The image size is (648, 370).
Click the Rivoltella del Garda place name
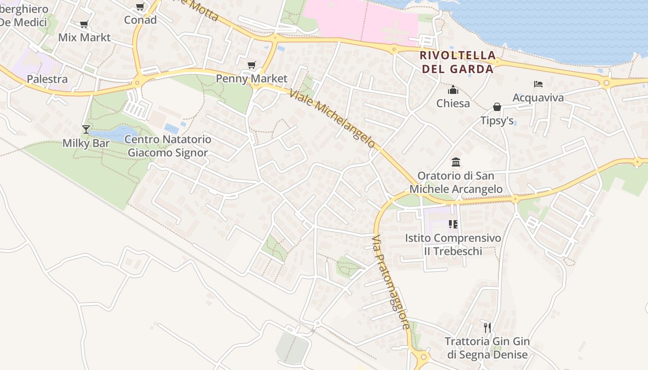(x=456, y=62)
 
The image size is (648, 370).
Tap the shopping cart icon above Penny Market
(x=251, y=65)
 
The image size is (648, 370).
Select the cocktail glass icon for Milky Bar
(x=86, y=129)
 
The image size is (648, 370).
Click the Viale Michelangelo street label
(x=332, y=118)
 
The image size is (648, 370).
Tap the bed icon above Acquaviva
(x=538, y=84)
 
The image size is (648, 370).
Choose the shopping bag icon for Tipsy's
(x=497, y=107)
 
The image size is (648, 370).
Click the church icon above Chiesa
(x=453, y=90)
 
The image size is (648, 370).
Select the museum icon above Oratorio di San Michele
(x=456, y=162)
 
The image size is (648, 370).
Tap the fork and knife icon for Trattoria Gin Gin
(x=487, y=328)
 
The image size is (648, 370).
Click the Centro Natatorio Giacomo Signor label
(x=168, y=146)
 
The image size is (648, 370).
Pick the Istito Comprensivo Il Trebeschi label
(x=453, y=245)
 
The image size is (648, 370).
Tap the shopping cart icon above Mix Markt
(x=84, y=25)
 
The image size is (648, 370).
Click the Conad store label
(x=140, y=20)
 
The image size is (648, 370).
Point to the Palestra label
(x=47, y=79)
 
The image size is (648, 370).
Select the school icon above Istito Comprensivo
(x=453, y=225)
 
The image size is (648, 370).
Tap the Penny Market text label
(x=252, y=79)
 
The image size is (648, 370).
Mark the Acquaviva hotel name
(x=538, y=98)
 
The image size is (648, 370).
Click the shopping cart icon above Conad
(x=140, y=7)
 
